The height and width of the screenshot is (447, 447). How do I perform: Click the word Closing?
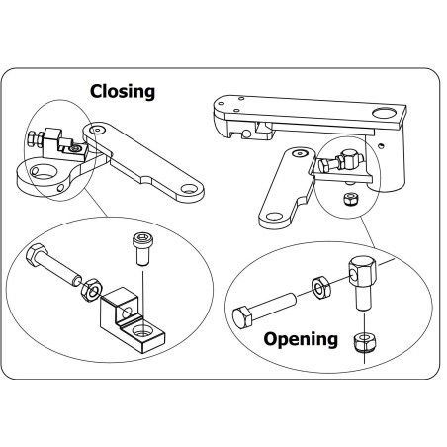click(123, 92)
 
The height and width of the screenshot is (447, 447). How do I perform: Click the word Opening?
click(301, 339)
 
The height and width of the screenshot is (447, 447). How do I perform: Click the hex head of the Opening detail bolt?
click(241, 320)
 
